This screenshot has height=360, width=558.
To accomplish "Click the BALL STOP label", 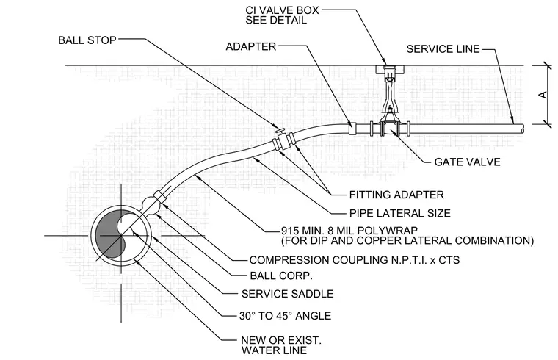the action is pos(87,40).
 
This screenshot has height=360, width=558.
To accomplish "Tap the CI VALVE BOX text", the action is pos(282,10).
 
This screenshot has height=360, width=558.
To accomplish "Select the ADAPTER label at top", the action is pos(251,46).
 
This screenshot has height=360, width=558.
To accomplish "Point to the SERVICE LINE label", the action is pos(443,48).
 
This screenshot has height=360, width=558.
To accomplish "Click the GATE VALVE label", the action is pos(467,162).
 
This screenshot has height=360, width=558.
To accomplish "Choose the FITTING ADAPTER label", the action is pos(396,195).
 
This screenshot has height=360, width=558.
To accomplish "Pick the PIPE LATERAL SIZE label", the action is pos(400,213).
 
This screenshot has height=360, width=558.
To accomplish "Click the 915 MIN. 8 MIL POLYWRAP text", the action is pos(349,231).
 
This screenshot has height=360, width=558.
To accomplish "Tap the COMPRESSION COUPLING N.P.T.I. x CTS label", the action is pos(355,260).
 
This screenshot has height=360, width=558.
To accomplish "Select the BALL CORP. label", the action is pos(281,276).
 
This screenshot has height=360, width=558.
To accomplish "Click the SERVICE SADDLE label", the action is pos(288,294).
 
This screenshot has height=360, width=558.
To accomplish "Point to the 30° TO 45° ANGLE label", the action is pos(285,316).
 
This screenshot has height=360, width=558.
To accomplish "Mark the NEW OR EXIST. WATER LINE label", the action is pos(281,345).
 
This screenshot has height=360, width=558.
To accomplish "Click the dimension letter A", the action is pos(543,95).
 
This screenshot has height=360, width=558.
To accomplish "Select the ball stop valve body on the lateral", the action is pos(283,142).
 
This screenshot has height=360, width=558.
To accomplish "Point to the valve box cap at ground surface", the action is pos(390,69).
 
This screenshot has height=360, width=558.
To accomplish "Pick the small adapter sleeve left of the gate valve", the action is pos(352,129).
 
